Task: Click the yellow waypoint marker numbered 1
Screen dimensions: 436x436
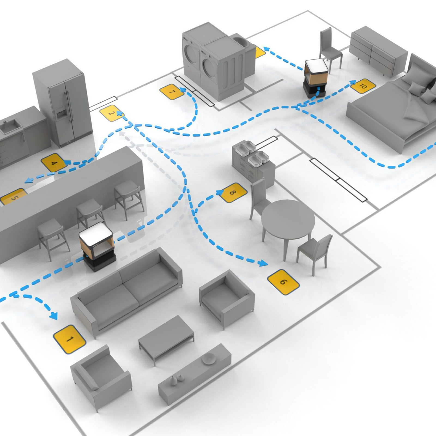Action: (69, 339)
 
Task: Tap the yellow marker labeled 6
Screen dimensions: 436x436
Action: (283, 282)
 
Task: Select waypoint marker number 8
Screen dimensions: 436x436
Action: (233, 193)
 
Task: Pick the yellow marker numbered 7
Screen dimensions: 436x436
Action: (172, 92)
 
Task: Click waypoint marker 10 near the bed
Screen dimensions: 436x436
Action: (363, 86)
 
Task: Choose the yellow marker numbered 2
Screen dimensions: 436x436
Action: (111, 113)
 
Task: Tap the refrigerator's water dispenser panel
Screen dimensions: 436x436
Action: (60, 112)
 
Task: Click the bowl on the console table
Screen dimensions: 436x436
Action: (209, 358)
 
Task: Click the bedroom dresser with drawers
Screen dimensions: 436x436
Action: (377, 52)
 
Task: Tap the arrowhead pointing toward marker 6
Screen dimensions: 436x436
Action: (263, 264)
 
